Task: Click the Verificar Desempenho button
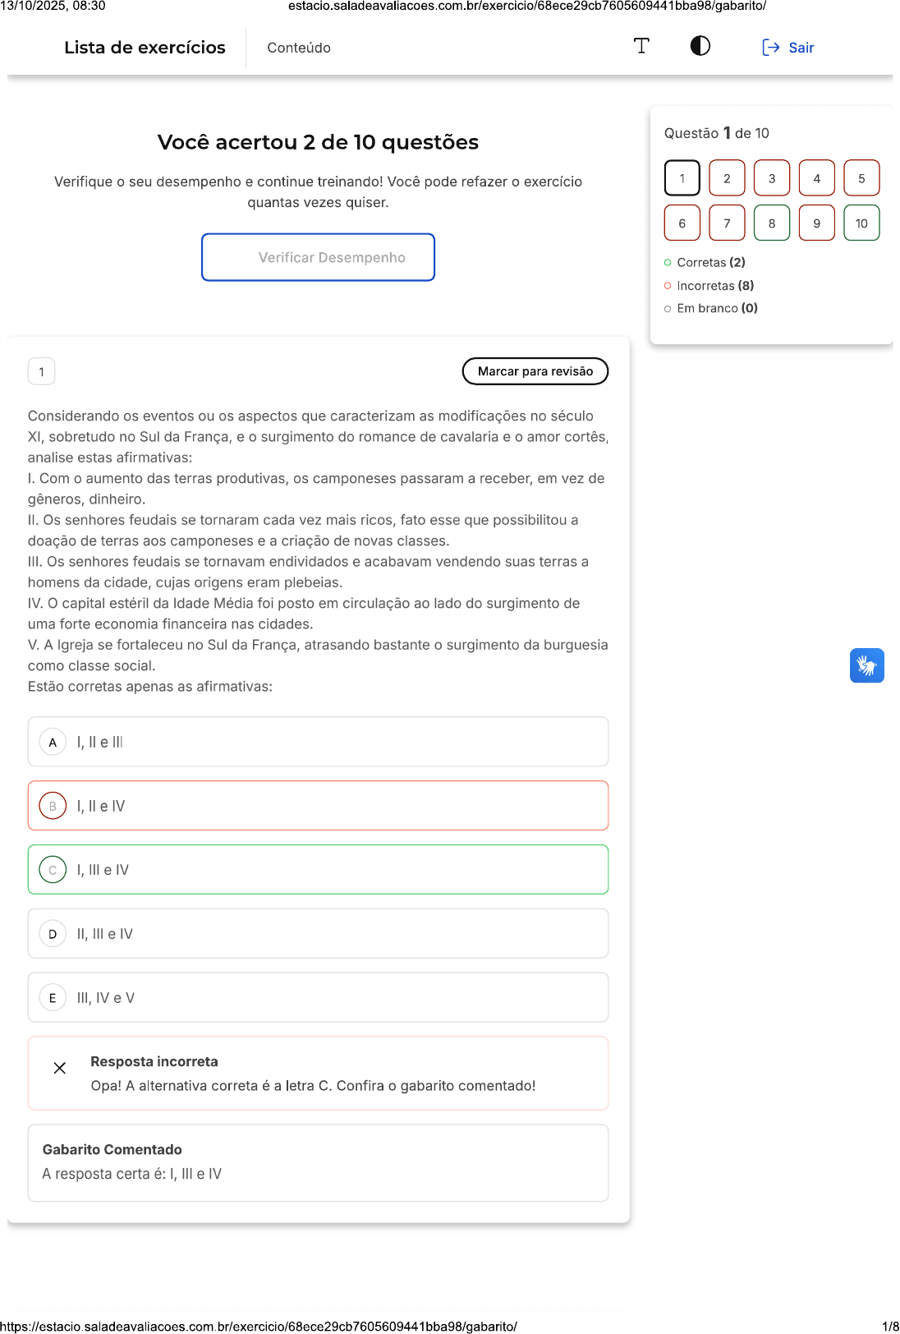[318, 257]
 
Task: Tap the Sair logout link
[788, 48]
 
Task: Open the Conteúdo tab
[299, 48]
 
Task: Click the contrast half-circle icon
[700, 46]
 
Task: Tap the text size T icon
[641, 46]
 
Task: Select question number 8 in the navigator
[771, 223]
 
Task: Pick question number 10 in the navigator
[861, 223]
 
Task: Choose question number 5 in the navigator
[861, 177]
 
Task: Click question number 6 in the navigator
[682, 223]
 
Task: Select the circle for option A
[53, 742]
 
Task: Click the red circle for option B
[53, 806]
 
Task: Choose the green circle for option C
[53, 870]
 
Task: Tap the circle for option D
[53, 934]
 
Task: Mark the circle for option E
[53, 998]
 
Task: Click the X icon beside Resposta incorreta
[60, 1068]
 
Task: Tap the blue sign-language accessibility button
[866, 665]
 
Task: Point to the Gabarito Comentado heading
[112, 1149]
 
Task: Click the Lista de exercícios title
[145, 48]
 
